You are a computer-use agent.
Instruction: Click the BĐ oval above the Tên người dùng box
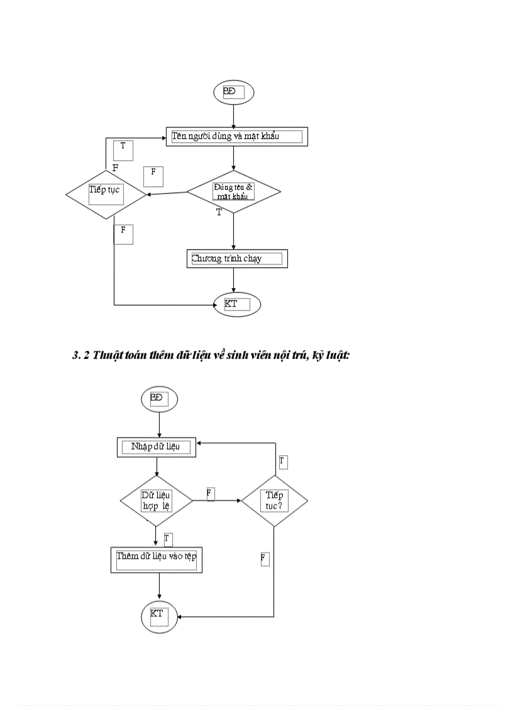[x=234, y=92]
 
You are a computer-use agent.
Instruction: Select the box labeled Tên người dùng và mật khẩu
[x=236, y=136]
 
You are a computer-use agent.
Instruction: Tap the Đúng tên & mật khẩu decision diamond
[x=233, y=191]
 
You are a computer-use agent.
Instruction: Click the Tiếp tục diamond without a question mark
[x=106, y=194]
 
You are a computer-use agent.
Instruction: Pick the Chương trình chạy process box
[x=236, y=258]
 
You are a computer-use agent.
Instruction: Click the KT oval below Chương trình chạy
[x=236, y=305]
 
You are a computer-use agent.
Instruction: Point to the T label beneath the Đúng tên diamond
[x=219, y=212]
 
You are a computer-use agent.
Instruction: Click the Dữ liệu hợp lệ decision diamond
[x=156, y=500]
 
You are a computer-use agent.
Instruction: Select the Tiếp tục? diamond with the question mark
[x=274, y=501]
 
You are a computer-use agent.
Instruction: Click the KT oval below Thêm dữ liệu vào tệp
[x=159, y=615]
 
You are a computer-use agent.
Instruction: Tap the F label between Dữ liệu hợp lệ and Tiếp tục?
[x=210, y=494]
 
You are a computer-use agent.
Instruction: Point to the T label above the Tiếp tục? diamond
[x=283, y=462]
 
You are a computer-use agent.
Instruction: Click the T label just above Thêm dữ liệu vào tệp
[x=167, y=539]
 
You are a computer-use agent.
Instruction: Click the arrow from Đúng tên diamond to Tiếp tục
[x=167, y=194]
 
